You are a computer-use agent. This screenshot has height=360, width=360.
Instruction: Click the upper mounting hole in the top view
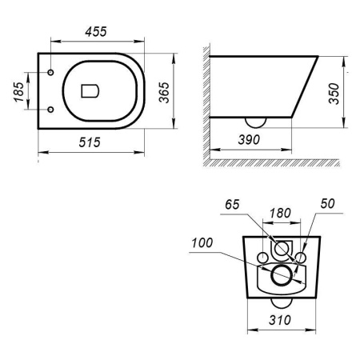click(x=50, y=74)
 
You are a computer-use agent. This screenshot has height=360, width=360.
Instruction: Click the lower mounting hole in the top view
click(x=50, y=109)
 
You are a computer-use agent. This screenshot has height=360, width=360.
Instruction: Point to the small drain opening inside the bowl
click(x=90, y=90)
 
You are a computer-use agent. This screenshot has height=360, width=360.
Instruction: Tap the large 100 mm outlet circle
click(x=281, y=277)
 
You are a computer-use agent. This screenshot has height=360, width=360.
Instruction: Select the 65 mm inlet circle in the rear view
click(x=281, y=249)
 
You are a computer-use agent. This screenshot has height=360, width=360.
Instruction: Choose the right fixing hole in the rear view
click(x=300, y=257)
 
